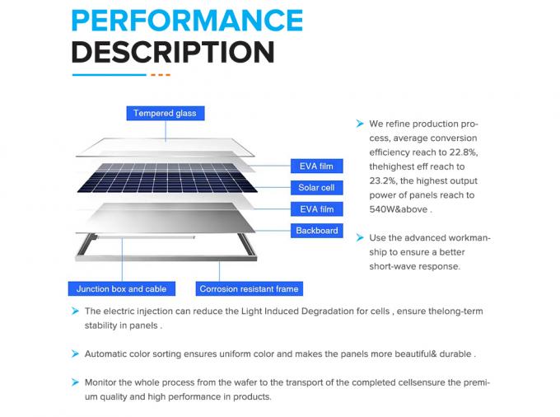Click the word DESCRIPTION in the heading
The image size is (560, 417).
pyautogui.click(x=173, y=52)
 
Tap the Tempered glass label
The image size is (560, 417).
pyautogui.click(x=165, y=113)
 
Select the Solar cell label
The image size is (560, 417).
pyautogui.click(x=315, y=188)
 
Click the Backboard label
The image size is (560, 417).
pyautogui.click(x=316, y=231)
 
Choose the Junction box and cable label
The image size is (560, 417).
pyautogui.click(x=121, y=289)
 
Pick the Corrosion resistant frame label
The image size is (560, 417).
pyautogui.click(x=249, y=289)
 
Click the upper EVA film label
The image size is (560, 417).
pyautogui.click(x=315, y=166)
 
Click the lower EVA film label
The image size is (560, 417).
pyautogui.click(x=315, y=209)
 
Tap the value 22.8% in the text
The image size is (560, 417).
pyautogui.click(x=461, y=152)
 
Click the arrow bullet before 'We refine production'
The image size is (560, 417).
pyautogui.click(x=360, y=124)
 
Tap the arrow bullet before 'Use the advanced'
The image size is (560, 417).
pyautogui.click(x=360, y=238)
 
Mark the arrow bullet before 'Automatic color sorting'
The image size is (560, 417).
pyautogui.click(x=74, y=354)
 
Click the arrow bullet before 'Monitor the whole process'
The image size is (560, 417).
pyautogui.click(x=74, y=382)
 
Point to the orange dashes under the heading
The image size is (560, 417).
pyautogui.click(x=160, y=75)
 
